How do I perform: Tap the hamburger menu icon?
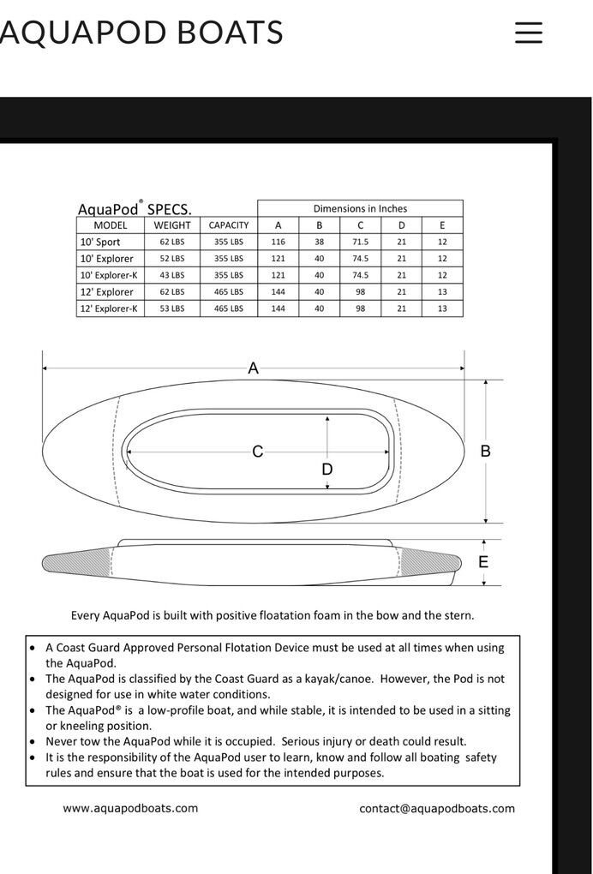[x=529, y=33]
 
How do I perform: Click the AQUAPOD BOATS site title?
[x=141, y=33]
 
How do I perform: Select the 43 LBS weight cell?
[x=171, y=275]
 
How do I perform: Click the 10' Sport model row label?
[x=100, y=242]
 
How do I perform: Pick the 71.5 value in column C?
[x=360, y=242]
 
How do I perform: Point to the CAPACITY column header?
[x=229, y=225]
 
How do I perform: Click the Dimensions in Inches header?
[x=360, y=208]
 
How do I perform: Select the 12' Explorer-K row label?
[x=108, y=308]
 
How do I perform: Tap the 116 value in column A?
[x=278, y=242]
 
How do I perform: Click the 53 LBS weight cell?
[x=171, y=308]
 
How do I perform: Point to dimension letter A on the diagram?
[x=253, y=368]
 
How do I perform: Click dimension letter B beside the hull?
[x=485, y=451]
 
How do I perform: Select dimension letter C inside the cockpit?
[x=257, y=452]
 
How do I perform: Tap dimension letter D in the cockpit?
[x=326, y=470]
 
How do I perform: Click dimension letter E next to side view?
[x=483, y=562]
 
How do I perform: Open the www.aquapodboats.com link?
[x=130, y=808]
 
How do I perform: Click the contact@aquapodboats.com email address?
[x=437, y=808]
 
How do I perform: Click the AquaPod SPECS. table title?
[x=135, y=209]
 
